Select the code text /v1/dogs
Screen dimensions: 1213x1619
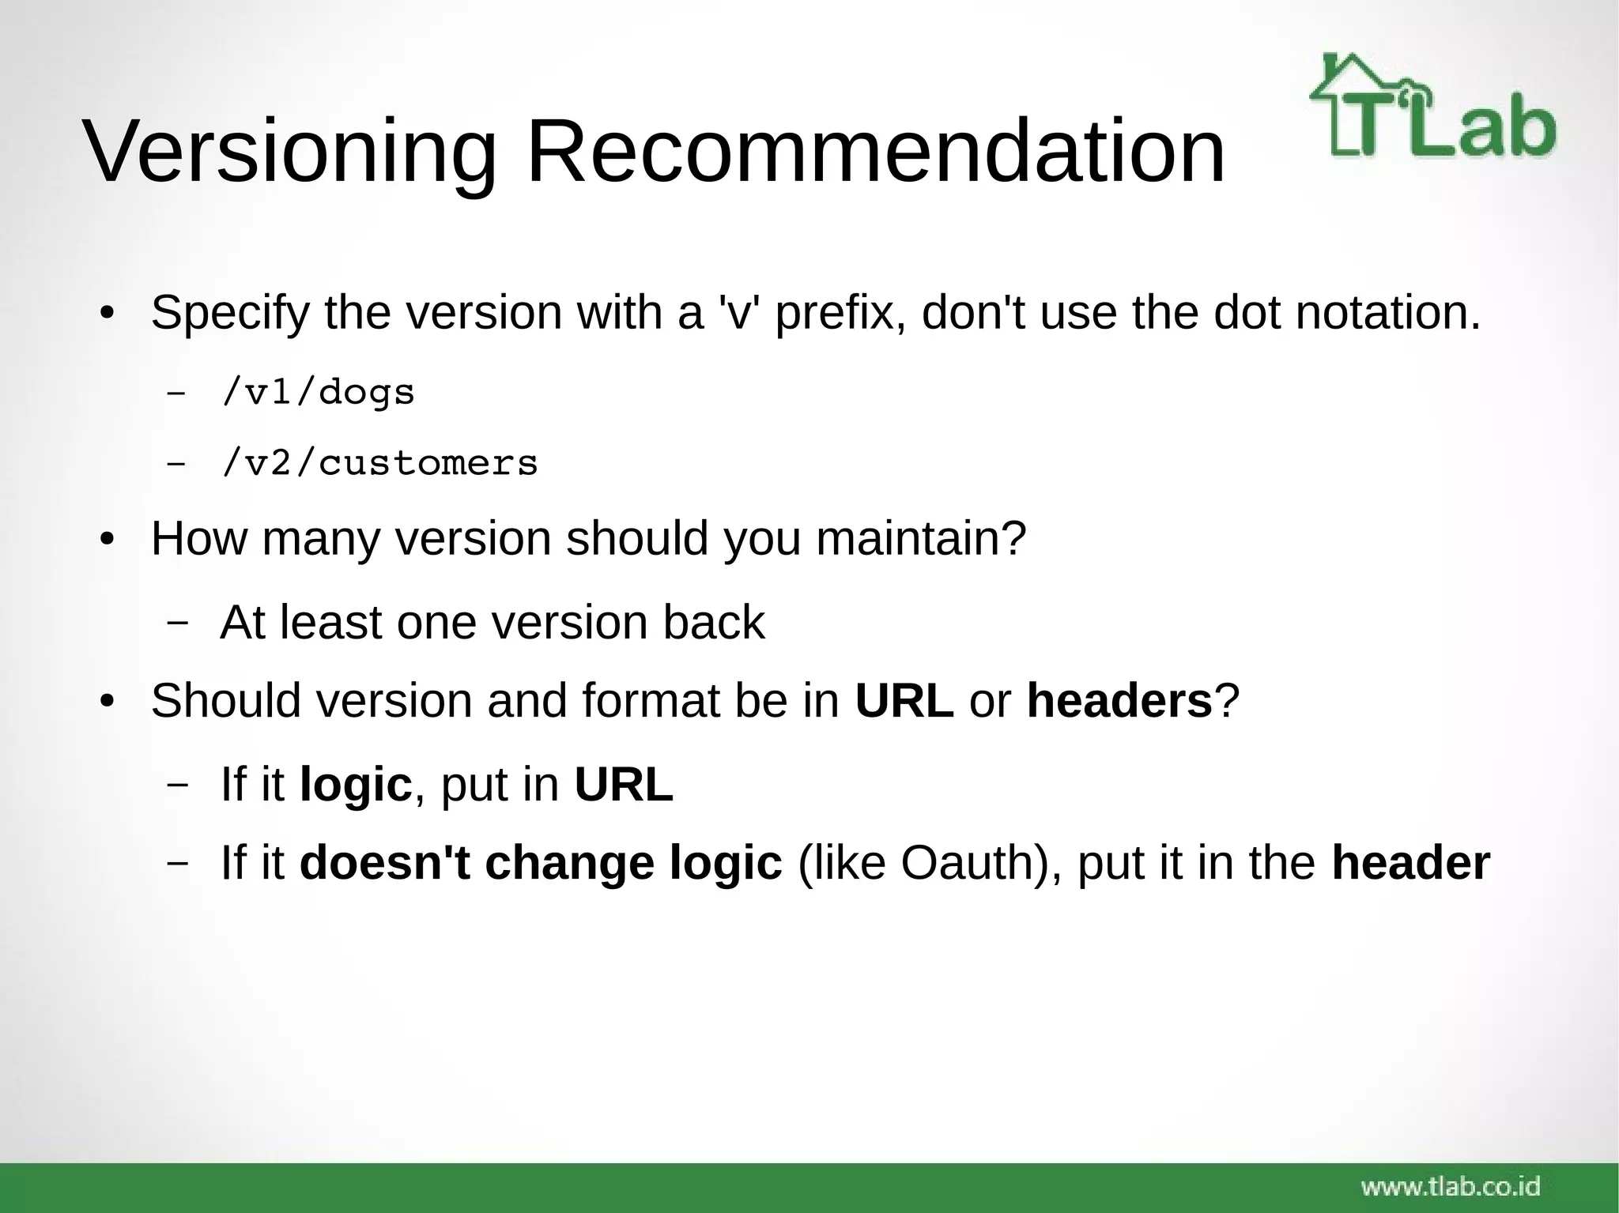(319, 393)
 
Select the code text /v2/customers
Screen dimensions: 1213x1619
(380, 463)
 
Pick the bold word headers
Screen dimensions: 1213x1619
(1119, 701)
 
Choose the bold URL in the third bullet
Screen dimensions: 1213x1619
(904, 701)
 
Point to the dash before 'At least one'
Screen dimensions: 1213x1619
(178, 623)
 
